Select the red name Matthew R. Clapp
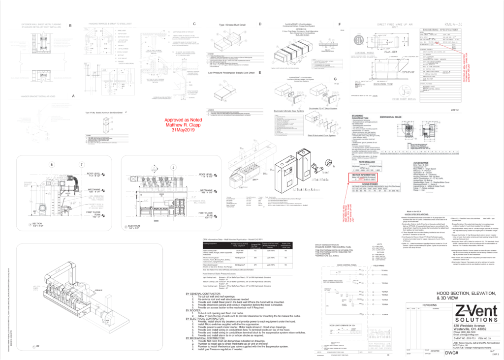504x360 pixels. click(181, 125)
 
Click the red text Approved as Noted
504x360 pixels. click(184, 120)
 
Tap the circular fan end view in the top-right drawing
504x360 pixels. click(360, 40)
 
